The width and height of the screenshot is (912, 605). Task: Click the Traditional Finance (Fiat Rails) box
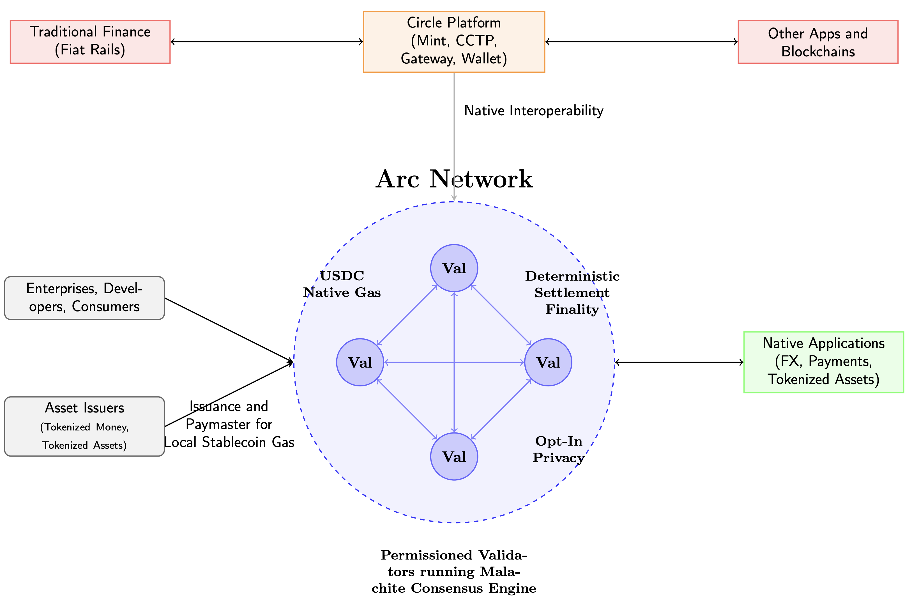tap(90, 42)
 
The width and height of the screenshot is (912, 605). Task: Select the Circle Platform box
tap(454, 42)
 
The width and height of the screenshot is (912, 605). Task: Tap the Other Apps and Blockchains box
tap(817, 42)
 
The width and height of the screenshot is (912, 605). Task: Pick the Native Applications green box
tap(823, 362)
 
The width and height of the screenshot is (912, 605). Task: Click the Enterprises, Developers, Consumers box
tap(84, 298)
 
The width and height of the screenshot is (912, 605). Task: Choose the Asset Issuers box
tap(84, 426)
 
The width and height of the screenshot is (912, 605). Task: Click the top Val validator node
tap(454, 268)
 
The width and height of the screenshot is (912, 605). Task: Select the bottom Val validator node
tap(454, 457)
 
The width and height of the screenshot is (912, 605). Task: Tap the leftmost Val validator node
tap(360, 362)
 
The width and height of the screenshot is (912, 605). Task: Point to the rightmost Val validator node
tap(548, 362)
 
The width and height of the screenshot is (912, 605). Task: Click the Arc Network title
tap(454, 179)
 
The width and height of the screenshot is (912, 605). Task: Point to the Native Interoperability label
tap(533, 111)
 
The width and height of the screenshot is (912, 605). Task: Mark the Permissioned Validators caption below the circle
tap(454, 571)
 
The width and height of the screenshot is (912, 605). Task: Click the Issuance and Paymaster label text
tap(229, 424)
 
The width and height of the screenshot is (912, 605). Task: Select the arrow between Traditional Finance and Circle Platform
tap(266, 42)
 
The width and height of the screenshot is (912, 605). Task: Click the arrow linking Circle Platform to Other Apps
tap(641, 42)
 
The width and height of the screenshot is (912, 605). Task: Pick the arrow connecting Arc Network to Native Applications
tap(679, 362)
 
